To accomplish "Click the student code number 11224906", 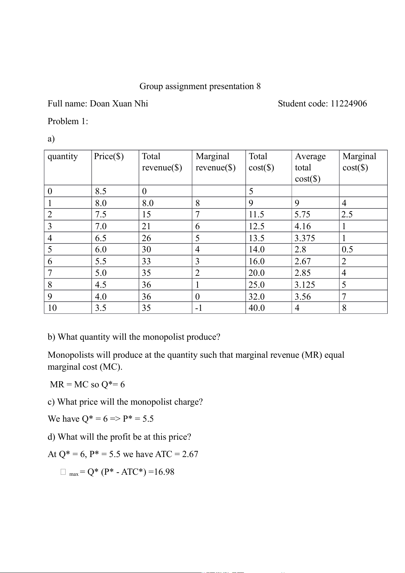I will coord(349,104).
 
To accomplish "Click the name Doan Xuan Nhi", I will coord(119,104).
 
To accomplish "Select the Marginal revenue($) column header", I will coord(216,162).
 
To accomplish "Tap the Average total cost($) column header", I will coord(310,167).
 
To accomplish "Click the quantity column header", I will coord(63,156).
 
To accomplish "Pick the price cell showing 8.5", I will coord(101,191).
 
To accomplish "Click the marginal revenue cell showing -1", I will coord(199,308).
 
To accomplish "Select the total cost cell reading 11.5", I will coord(256,215).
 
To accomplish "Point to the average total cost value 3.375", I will coord(305,238).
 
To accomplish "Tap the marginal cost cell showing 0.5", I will coord(347,250).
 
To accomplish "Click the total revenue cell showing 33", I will coord(146,262).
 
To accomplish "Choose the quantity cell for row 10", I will coord(52,308).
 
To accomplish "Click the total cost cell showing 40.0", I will coord(256,308).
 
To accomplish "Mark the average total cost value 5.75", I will coord(302,215).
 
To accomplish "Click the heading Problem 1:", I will coord(68,121).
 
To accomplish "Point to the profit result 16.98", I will coord(164,472).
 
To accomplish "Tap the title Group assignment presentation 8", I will coord(200,86).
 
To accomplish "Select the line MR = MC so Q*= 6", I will coord(87,385).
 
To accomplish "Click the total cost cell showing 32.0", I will coord(256,297).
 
